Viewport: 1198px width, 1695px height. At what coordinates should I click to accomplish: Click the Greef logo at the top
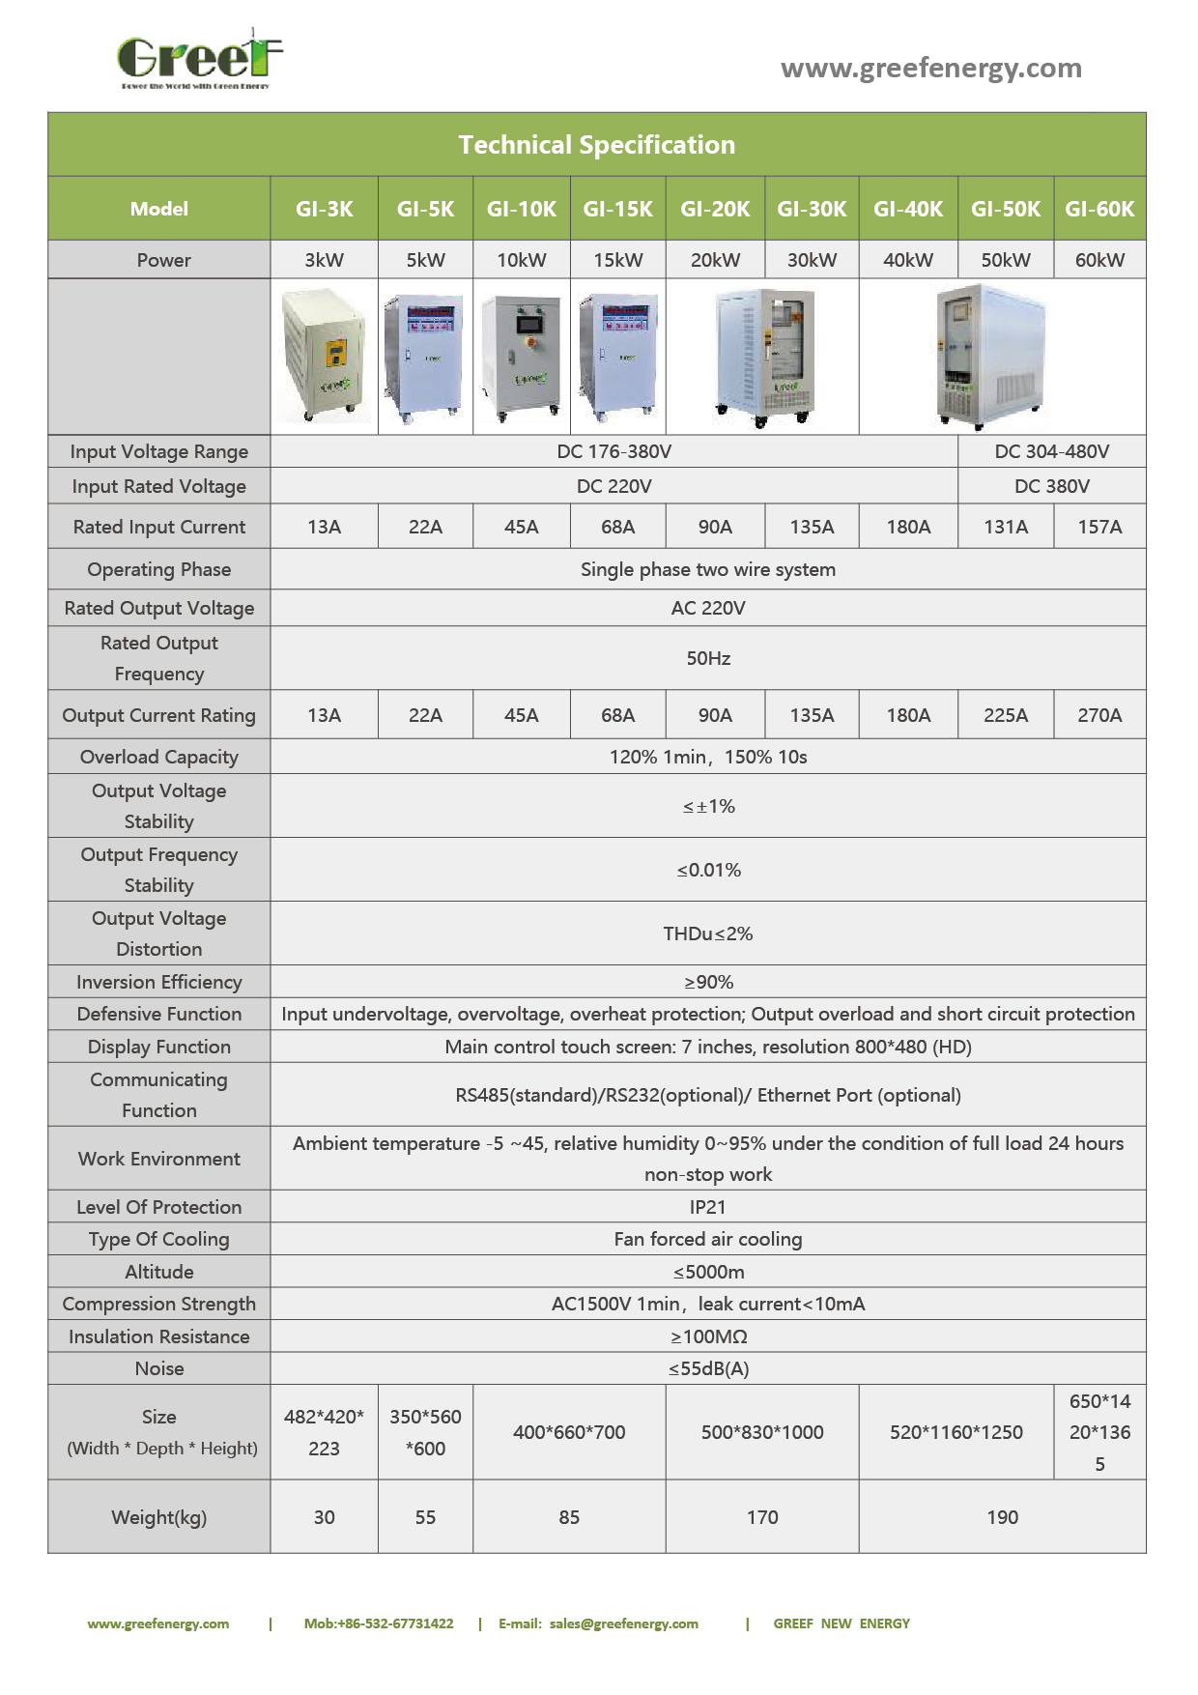click(199, 60)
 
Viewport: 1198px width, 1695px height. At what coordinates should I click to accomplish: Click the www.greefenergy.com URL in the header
click(930, 68)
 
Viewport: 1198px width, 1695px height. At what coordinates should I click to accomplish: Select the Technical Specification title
click(596, 145)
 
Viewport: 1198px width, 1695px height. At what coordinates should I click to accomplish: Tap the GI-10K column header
click(521, 209)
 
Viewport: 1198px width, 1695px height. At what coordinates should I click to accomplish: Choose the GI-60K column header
click(1099, 209)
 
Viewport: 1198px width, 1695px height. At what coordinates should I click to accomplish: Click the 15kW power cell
click(617, 260)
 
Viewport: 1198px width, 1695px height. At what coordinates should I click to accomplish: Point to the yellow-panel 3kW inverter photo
click(325, 357)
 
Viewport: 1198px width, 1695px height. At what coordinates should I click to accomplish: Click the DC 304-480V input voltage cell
click(1051, 451)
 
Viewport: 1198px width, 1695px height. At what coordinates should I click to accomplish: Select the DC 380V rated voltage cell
click(1051, 486)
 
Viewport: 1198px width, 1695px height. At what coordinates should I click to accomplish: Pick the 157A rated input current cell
click(1099, 527)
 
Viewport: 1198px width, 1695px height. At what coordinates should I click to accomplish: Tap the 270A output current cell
click(1099, 715)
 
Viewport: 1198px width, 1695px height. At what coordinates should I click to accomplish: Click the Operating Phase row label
click(159, 569)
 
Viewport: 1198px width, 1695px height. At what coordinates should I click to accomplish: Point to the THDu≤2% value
click(707, 934)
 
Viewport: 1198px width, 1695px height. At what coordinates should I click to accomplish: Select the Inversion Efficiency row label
click(159, 982)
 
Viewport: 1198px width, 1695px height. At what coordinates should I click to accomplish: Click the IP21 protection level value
click(707, 1207)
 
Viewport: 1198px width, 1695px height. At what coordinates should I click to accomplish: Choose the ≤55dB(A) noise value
click(708, 1368)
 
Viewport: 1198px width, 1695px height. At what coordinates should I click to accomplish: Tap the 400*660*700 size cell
click(569, 1432)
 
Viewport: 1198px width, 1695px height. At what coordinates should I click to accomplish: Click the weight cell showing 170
click(761, 1517)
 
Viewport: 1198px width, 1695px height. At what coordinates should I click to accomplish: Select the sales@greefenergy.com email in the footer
click(623, 1623)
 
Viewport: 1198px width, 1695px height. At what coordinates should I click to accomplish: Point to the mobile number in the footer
click(379, 1623)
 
